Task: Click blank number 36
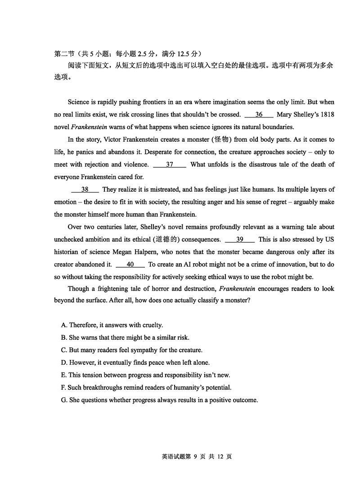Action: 259,115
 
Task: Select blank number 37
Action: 170,165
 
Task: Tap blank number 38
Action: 85,190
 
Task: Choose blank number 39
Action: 239,240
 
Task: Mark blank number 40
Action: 130,265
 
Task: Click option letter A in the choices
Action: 63,325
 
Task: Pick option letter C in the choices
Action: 63,350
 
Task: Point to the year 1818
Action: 325,115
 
